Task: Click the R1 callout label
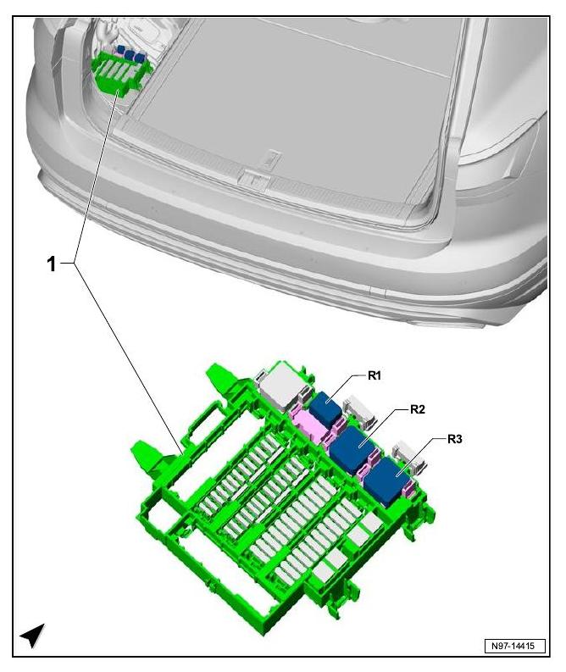pos(374,376)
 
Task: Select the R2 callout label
pos(418,409)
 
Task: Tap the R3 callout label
pos(455,439)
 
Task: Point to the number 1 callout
pos(52,264)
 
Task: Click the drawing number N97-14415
pos(515,646)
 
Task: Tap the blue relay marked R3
pos(386,480)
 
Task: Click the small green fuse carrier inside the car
pos(120,72)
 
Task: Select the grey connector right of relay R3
pos(408,457)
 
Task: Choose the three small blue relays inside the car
pos(131,53)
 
